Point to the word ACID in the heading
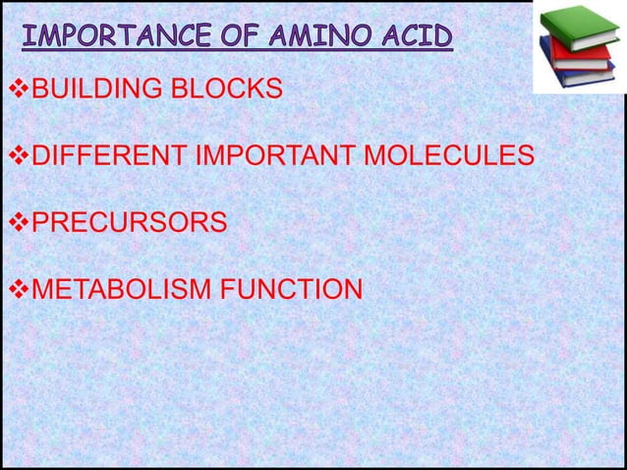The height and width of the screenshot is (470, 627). tap(410, 39)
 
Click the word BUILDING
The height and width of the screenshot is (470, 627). tap(93, 91)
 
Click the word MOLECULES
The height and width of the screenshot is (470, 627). tap(451, 157)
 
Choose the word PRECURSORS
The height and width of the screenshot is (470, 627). tap(128, 223)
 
